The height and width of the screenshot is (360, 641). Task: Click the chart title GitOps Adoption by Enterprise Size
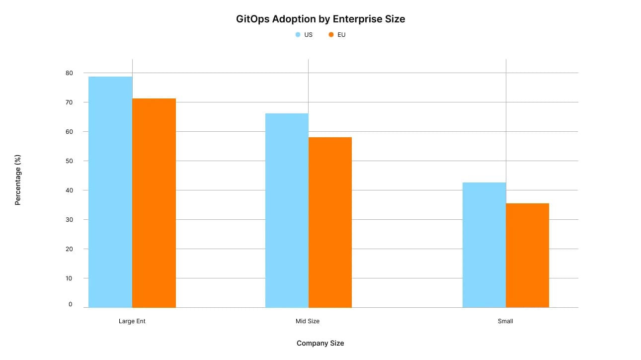320,19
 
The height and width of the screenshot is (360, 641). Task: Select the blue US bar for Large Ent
110,192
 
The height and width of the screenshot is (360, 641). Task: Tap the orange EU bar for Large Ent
154,203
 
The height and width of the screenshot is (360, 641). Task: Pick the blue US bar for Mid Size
287,210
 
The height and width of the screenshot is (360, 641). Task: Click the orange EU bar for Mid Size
330,222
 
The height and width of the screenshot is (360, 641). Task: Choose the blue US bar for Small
484,245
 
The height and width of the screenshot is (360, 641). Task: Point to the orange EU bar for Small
527,255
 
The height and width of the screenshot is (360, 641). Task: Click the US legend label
308,35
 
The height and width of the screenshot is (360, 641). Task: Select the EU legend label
341,35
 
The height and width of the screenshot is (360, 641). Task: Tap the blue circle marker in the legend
298,35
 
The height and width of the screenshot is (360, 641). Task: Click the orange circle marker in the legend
331,35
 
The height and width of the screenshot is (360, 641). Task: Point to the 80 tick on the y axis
69,73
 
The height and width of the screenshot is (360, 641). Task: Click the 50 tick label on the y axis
69,161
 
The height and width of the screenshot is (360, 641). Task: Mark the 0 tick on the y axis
70,304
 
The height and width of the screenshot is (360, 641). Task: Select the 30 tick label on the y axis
69,219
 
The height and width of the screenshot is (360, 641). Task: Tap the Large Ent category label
132,321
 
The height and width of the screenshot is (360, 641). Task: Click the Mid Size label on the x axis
308,321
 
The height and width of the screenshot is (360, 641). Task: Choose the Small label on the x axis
505,321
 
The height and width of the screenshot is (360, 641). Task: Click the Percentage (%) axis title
18,180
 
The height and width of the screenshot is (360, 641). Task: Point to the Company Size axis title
320,343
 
